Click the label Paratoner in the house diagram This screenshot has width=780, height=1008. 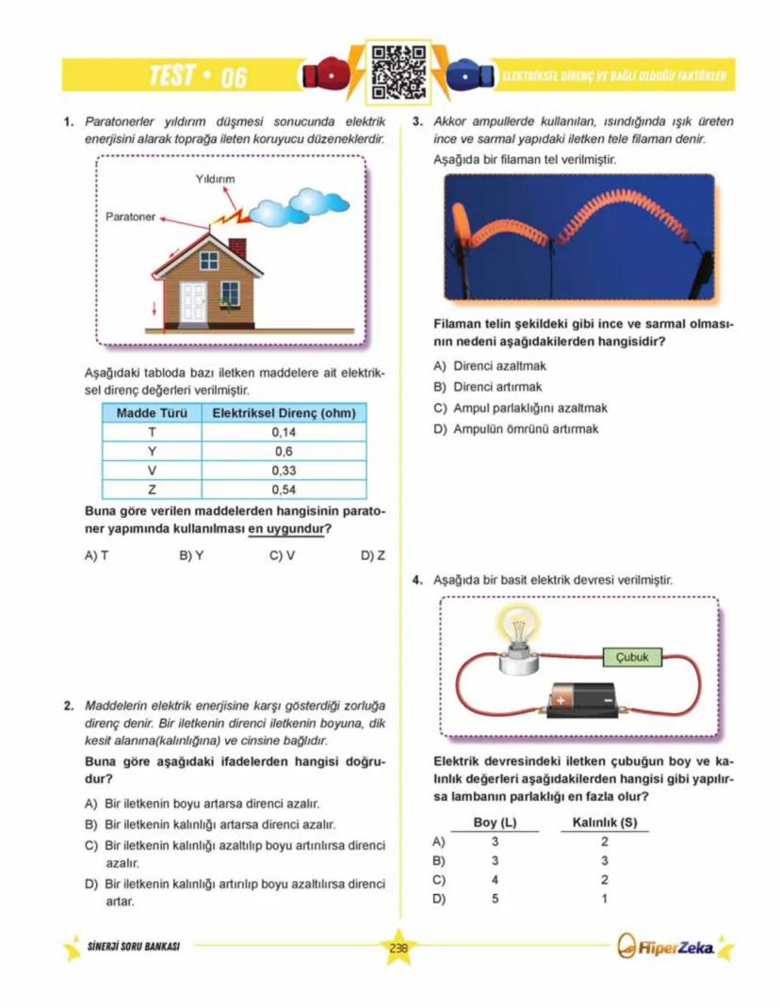click(130, 216)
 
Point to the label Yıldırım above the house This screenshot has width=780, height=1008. click(215, 179)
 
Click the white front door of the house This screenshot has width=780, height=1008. click(193, 301)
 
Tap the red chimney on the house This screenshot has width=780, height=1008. click(237, 248)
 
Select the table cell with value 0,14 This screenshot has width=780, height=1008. click(284, 432)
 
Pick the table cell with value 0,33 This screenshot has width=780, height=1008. click(284, 470)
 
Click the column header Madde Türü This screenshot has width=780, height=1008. click(152, 413)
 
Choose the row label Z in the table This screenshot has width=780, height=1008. click(152, 489)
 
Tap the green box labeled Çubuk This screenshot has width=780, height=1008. click(631, 657)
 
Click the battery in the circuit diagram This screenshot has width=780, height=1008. click(584, 700)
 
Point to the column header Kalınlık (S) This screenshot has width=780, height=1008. click(605, 823)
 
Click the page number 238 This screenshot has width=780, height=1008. click(398, 948)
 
